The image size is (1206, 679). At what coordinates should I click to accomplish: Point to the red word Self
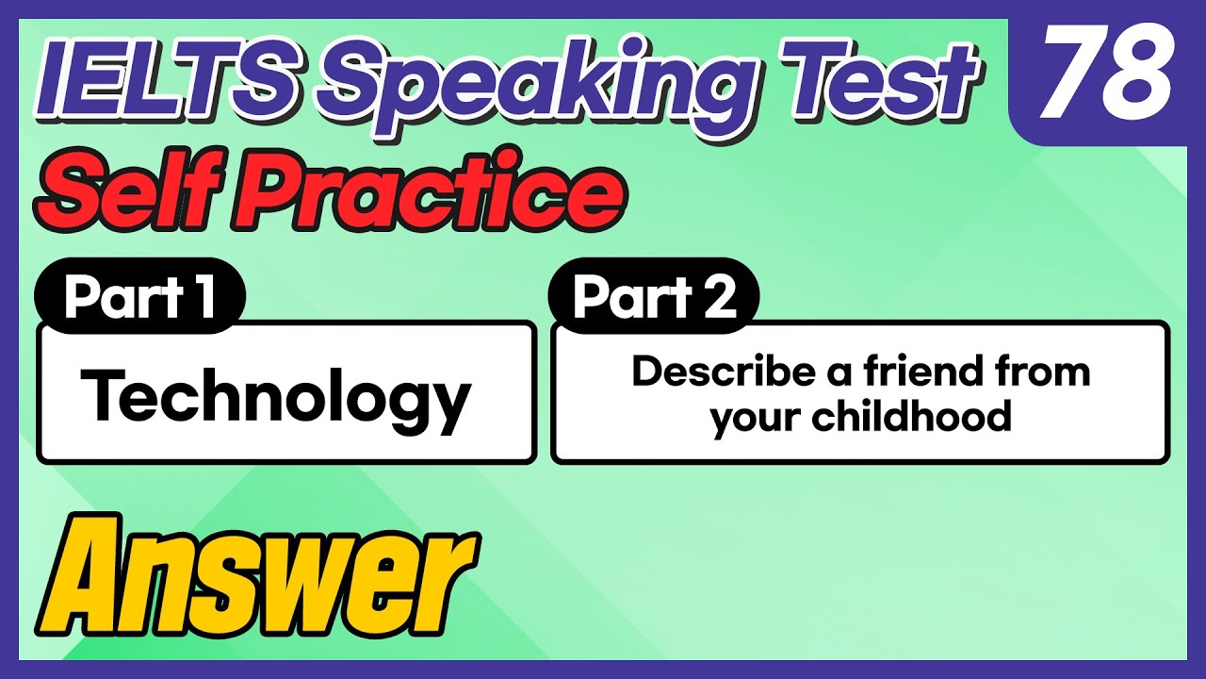tap(127, 190)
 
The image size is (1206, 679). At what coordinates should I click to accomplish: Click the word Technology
tap(275, 396)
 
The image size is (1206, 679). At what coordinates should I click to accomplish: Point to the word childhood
tap(913, 415)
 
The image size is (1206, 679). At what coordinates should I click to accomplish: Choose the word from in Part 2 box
tap(1046, 372)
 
